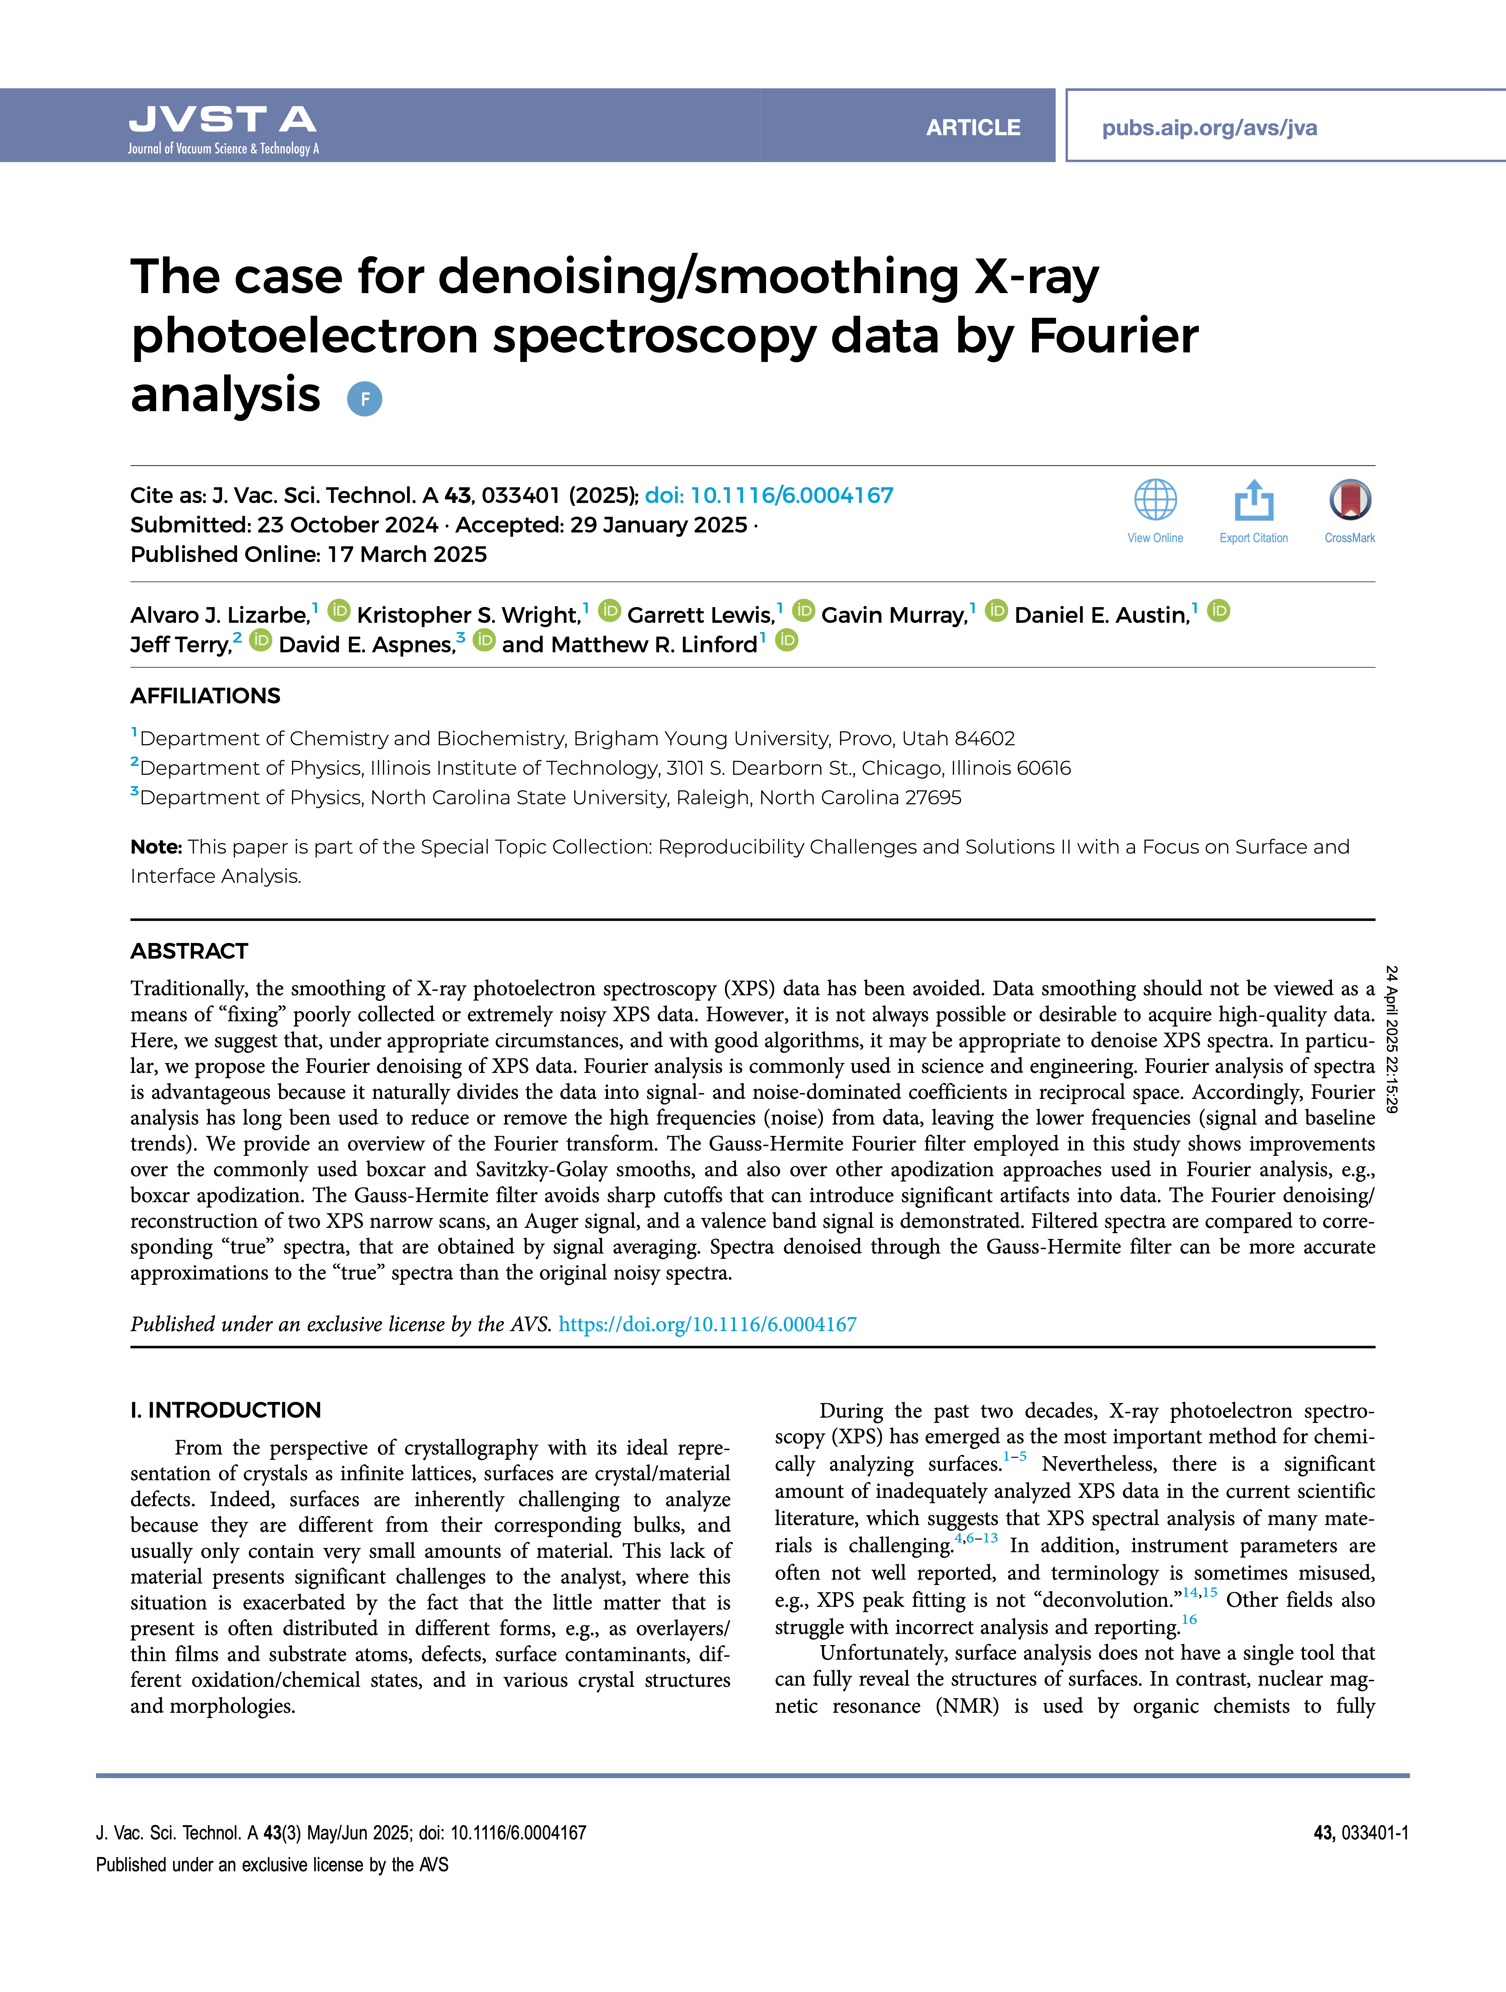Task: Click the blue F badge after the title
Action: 365,399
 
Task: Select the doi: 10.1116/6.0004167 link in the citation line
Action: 769,495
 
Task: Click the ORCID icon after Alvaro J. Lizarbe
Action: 339,612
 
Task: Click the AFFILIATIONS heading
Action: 205,696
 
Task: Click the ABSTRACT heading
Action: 189,951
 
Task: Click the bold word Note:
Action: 156,847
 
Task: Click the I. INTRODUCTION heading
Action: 225,1410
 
